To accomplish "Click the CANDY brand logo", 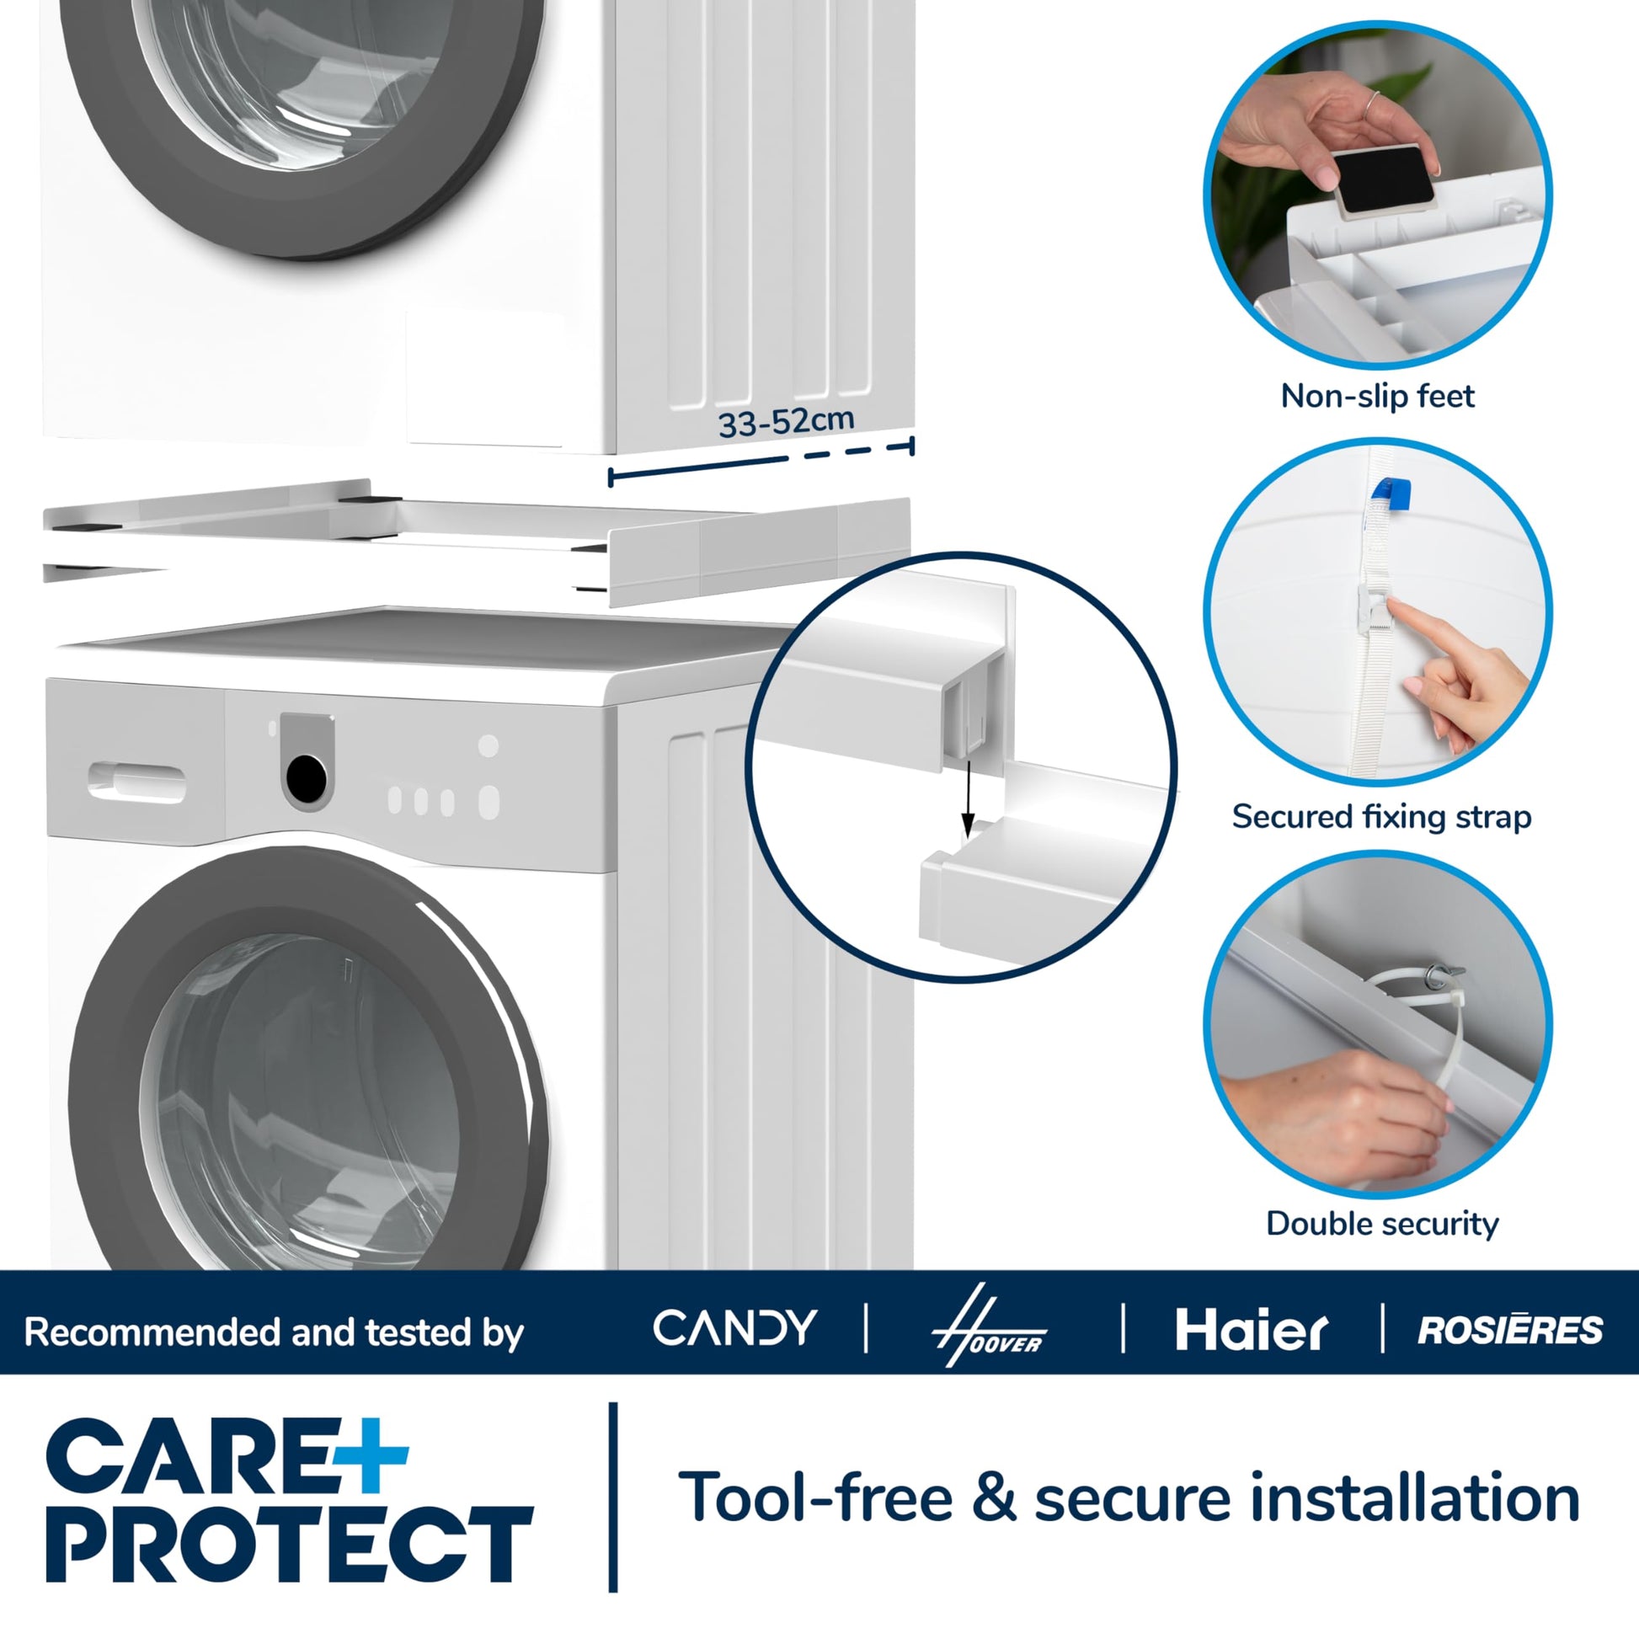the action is (x=734, y=1327).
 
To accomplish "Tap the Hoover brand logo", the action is (x=989, y=1326).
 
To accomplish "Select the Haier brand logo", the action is (x=1252, y=1329).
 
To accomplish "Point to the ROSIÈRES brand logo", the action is (x=1510, y=1329).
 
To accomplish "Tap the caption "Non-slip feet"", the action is (x=1378, y=396).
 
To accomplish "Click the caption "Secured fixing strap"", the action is (x=1382, y=816).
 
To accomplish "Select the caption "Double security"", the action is (x=1382, y=1223).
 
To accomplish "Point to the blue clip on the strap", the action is (x=1391, y=494).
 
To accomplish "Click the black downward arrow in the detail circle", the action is (x=967, y=797).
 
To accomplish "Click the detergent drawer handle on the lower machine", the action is (x=136, y=782).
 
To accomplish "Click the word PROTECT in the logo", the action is (x=290, y=1544).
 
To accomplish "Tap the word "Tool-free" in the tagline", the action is (x=816, y=1498).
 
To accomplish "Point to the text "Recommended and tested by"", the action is (x=274, y=1332).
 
